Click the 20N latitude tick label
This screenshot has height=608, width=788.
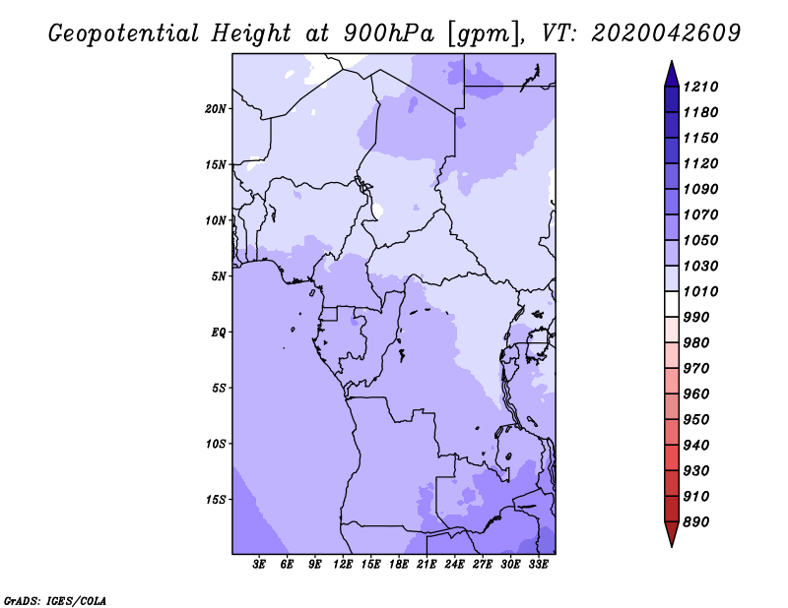(x=216, y=109)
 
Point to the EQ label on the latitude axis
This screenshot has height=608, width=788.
(x=219, y=333)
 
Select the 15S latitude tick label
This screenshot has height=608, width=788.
(x=216, y=500)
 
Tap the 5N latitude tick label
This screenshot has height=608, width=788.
(x=219, y=276)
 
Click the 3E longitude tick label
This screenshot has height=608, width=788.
(x=259, y=565)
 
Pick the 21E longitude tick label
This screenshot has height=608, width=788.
(x=427, y=565)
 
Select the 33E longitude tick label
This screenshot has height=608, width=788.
(x=538, y=565)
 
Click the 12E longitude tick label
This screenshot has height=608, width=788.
(x=343, y=565)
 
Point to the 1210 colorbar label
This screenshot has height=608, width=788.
(x=700, y=87)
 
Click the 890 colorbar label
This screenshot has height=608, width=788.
(x=696, y=522)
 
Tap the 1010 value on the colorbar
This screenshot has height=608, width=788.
(x=700, y=291)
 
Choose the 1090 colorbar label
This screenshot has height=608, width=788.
(x=700, y=189)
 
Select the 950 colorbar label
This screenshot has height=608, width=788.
(x=696, y=420)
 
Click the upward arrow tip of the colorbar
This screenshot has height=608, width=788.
(x=672, y=61)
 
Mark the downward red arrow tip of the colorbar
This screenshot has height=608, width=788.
(x=672, y=547)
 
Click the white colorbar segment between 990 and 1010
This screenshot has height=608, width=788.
(x=672, y=304)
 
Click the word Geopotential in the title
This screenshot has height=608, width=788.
(x=124, y=33)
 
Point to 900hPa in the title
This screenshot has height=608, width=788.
(x=388, y=33)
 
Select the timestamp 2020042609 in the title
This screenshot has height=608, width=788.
(x=666, y=33)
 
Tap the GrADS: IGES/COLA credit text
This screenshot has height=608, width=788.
(x=55, y=601)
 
